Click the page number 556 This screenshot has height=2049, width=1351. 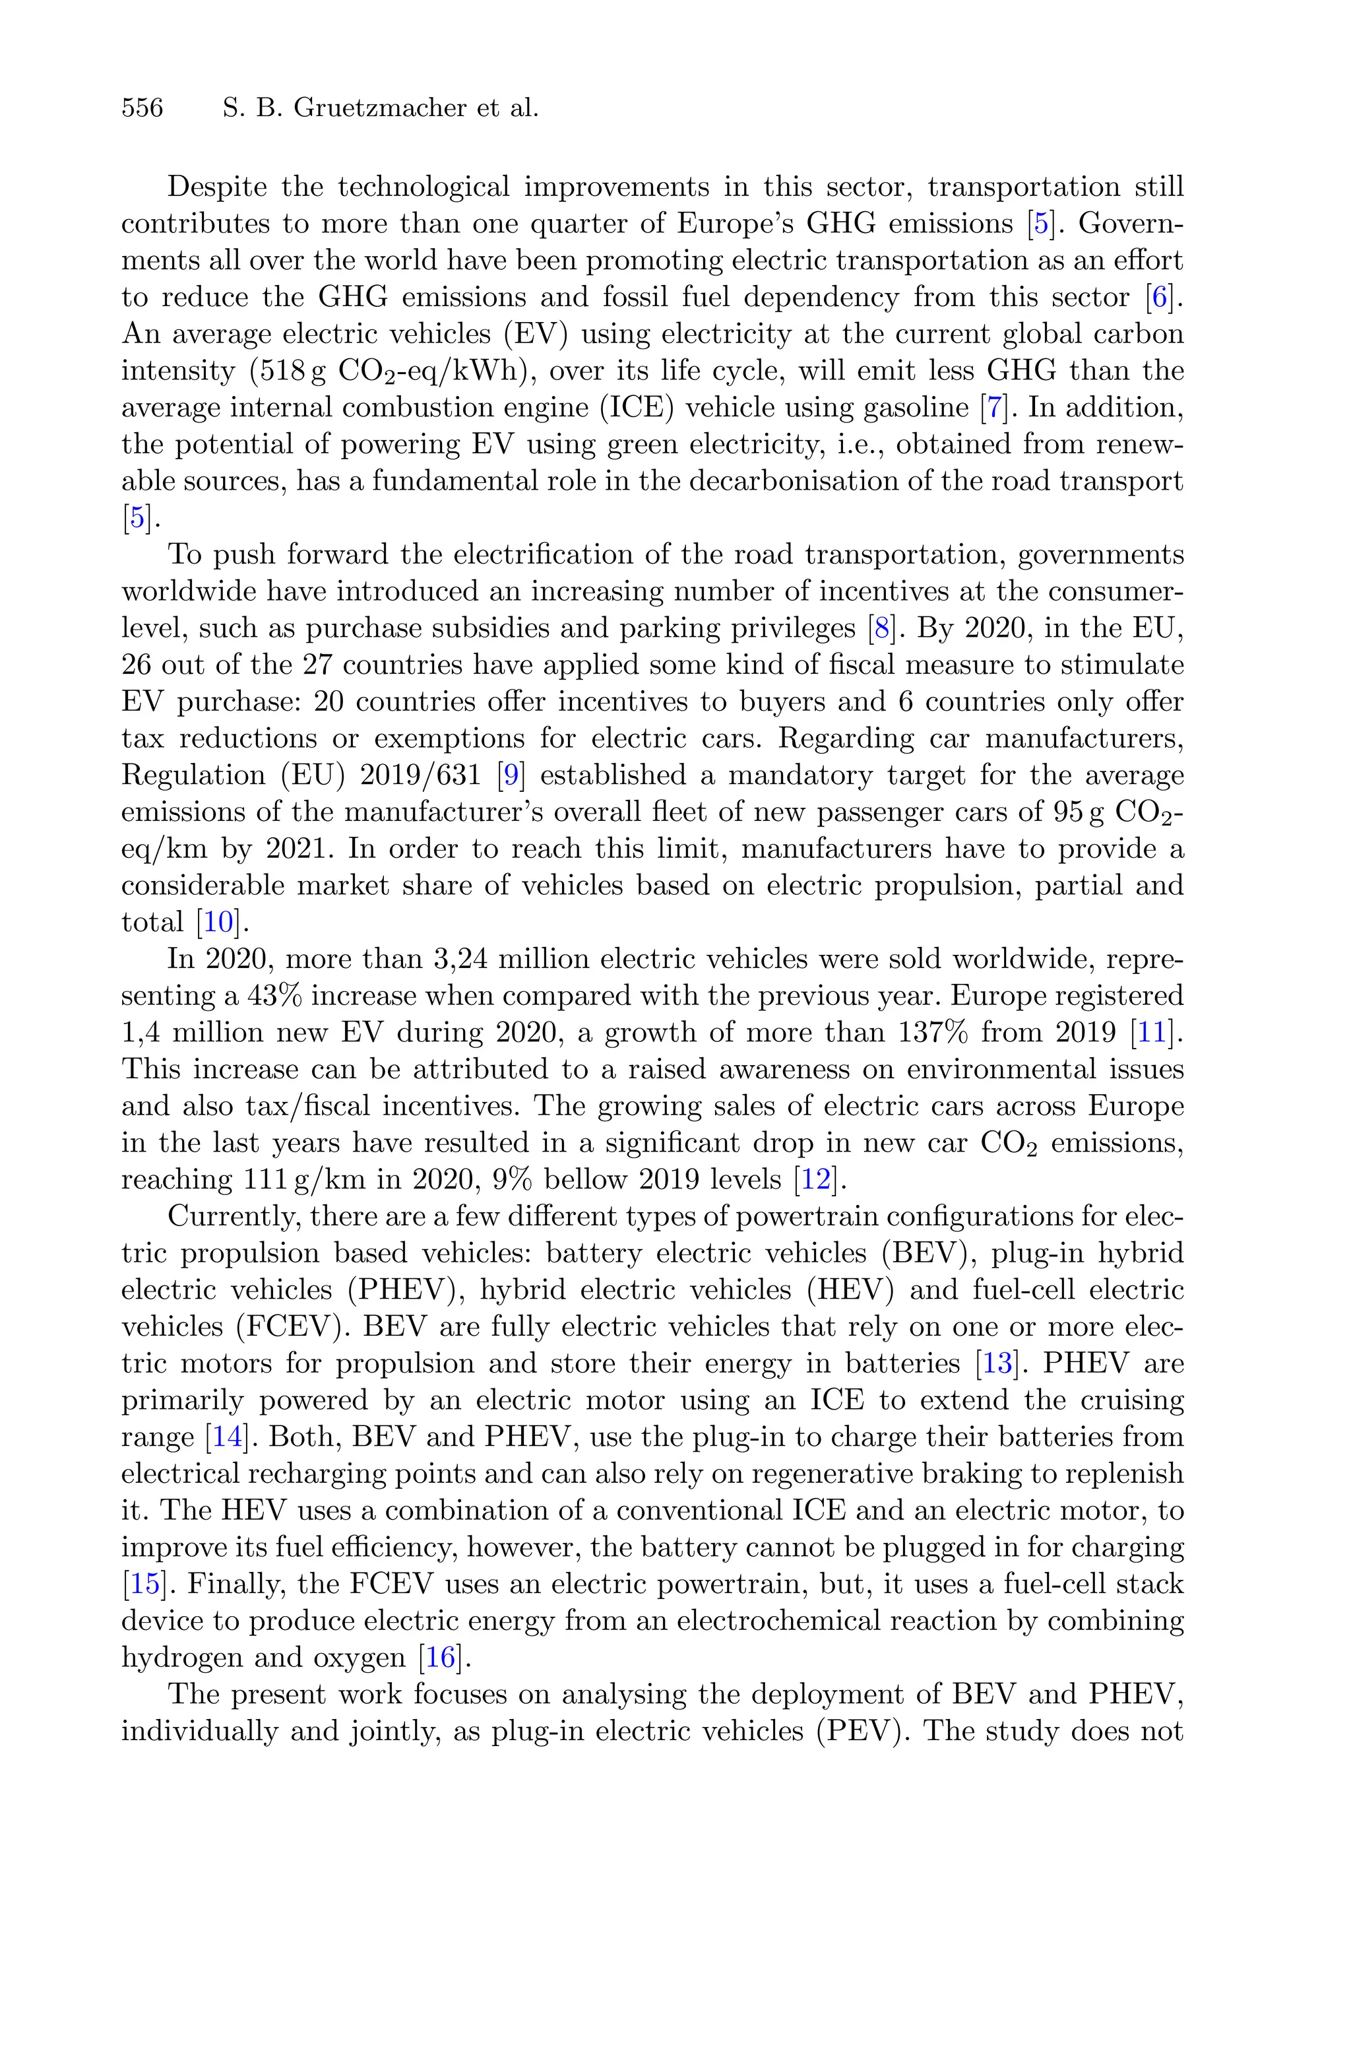142,108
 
